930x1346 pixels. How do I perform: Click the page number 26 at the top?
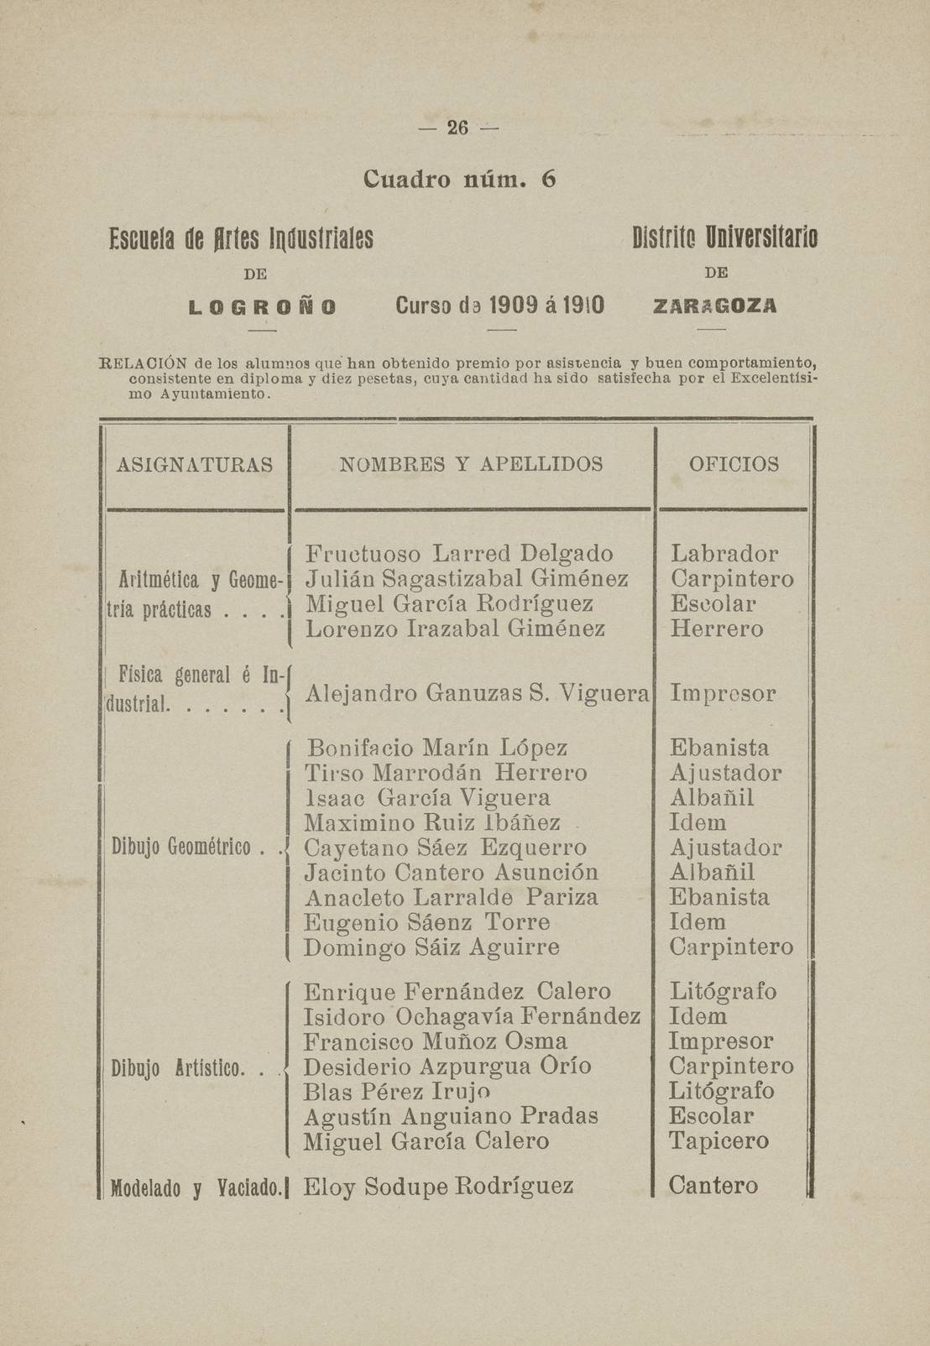457,128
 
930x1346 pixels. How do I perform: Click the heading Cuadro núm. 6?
460,180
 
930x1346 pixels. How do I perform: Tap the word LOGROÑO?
263,306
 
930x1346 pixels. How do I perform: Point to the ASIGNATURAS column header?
196,464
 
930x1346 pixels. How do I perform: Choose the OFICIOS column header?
734,464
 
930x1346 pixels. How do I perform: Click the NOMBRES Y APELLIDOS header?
471,464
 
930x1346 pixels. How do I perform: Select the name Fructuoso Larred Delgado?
459,554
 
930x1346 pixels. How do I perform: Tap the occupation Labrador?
724,554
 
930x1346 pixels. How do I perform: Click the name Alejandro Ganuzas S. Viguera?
478,694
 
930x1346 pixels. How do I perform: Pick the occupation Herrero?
717,629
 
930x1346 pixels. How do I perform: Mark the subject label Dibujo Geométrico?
182,848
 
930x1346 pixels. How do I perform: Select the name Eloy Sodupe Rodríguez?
438,1186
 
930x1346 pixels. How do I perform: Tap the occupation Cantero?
713,1186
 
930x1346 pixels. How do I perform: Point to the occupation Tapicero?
718,1141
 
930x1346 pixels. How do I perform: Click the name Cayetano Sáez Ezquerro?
445,848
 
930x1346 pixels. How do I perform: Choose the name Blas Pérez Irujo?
396,1092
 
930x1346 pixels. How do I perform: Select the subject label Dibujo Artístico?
178,1068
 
